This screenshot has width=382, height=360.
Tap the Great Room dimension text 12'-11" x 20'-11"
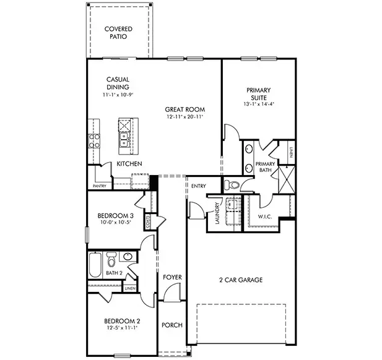[x=185, y=117]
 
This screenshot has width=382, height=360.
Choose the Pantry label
[x=99, y=186]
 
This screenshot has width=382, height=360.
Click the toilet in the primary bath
[x=232, y=184]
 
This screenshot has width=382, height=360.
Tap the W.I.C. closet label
[x=265, y=217]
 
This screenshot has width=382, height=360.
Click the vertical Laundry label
[x=217, y=214]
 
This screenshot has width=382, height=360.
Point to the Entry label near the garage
[x=199, y=186]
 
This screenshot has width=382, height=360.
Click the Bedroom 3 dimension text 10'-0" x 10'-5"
[x=115, y=223]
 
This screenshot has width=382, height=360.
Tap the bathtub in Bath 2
[x=96, y=265]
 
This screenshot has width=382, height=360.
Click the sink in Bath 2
[x=128, y=255]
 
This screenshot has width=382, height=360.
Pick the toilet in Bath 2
[x=111, y=258]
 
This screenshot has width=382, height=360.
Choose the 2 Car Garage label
[x=241, y=280]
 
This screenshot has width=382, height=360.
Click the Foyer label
[x=172, y=277]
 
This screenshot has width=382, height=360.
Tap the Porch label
[x=172, y=325]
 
